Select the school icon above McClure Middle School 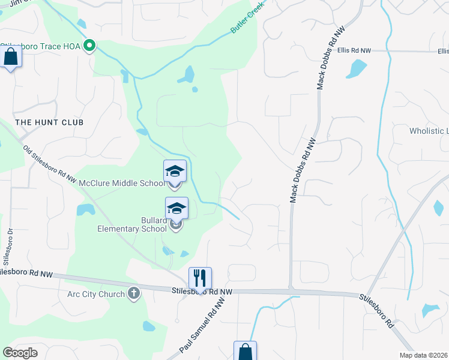175,171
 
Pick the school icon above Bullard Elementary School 176,208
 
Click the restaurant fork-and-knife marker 200,278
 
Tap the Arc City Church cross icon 133,294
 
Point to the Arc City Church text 96,294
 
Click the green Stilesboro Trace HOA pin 89,45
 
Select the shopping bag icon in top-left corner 11,58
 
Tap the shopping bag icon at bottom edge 245,352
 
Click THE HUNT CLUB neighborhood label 49,122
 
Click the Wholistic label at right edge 429,131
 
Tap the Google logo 20,353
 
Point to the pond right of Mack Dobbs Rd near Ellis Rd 356,69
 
